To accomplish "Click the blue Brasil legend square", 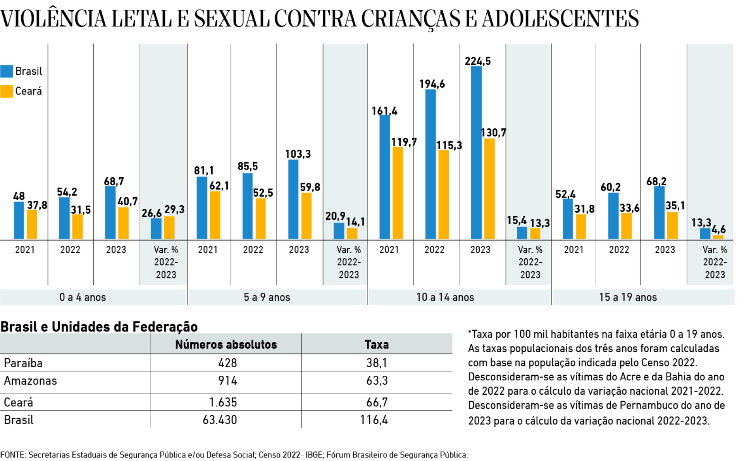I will coord(7,71).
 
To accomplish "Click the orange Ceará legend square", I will coord(7,91).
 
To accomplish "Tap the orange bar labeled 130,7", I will coord(489,189).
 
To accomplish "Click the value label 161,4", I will coord(384,111).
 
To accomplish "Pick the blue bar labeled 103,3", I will coord(293,199).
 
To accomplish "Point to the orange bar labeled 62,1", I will coord(215,215).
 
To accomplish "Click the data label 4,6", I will coord(718,229).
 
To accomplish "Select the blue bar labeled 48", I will coord(19,220).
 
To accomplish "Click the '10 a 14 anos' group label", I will coord(445,297).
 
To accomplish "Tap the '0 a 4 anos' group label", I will coord(83,297).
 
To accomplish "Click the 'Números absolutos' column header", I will coord(226,344).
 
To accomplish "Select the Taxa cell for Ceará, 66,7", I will coord(377,402).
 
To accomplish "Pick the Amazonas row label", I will coord(30,381).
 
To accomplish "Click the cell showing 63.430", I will coord(220,420).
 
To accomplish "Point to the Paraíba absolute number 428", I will coord(227,363).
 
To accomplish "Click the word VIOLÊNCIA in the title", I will coord(53,19).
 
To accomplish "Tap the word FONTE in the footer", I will coord(13,455).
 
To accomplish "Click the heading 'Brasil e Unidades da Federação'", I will coord(99,327).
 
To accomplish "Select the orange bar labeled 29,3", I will coord(169,228).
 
